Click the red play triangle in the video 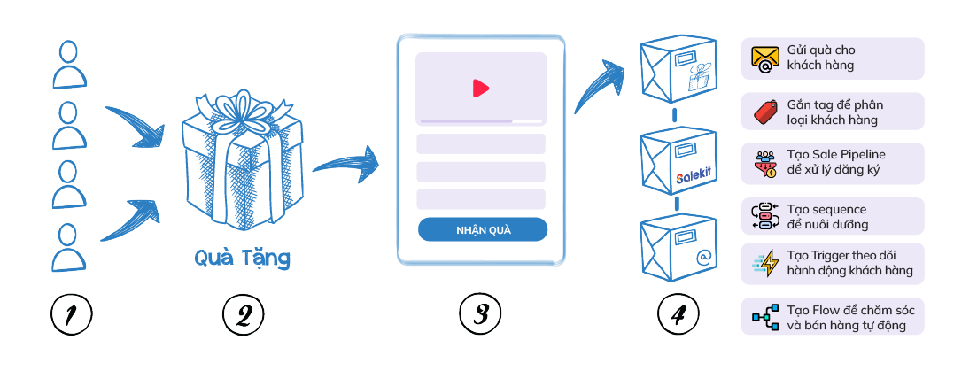pyautogui.click(x=481, y=88)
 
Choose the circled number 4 pyautogui.click(x=678, y=313)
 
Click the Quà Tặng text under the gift pyautogui.click(x=243, y=259)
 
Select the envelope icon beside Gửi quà pyautogui.click(x=764, y=58)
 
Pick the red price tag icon pyautogui.click(x=764, y=112)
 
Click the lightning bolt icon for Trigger pyautogui.click(x=764, y=264)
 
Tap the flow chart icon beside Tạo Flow pyautogui.click(x=764, y=316)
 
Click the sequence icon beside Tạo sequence pyautogui.click(x=764, y=215)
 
